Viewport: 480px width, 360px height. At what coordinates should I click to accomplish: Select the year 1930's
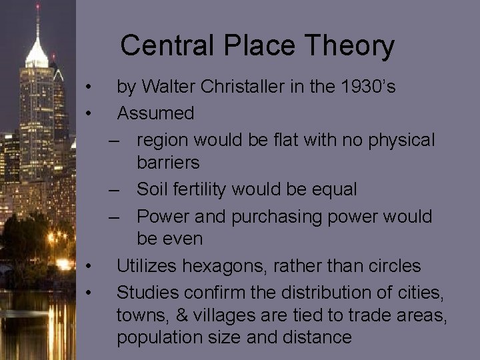(x=368, y=87)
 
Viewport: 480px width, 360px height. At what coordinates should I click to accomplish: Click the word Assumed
(x=156, y=113)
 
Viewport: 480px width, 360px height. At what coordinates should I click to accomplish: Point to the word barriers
(x=168, y=162)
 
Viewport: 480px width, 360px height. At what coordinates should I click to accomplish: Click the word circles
(x=389, y=266)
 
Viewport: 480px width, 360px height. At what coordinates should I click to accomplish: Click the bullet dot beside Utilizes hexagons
(x=88, y=267)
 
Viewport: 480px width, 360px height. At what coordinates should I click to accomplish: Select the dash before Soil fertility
(x=116, y=190)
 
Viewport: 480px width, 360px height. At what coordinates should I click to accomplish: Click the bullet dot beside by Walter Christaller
(x=88, y=87)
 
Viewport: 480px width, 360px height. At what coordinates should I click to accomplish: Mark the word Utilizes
(x=143, y=266)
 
